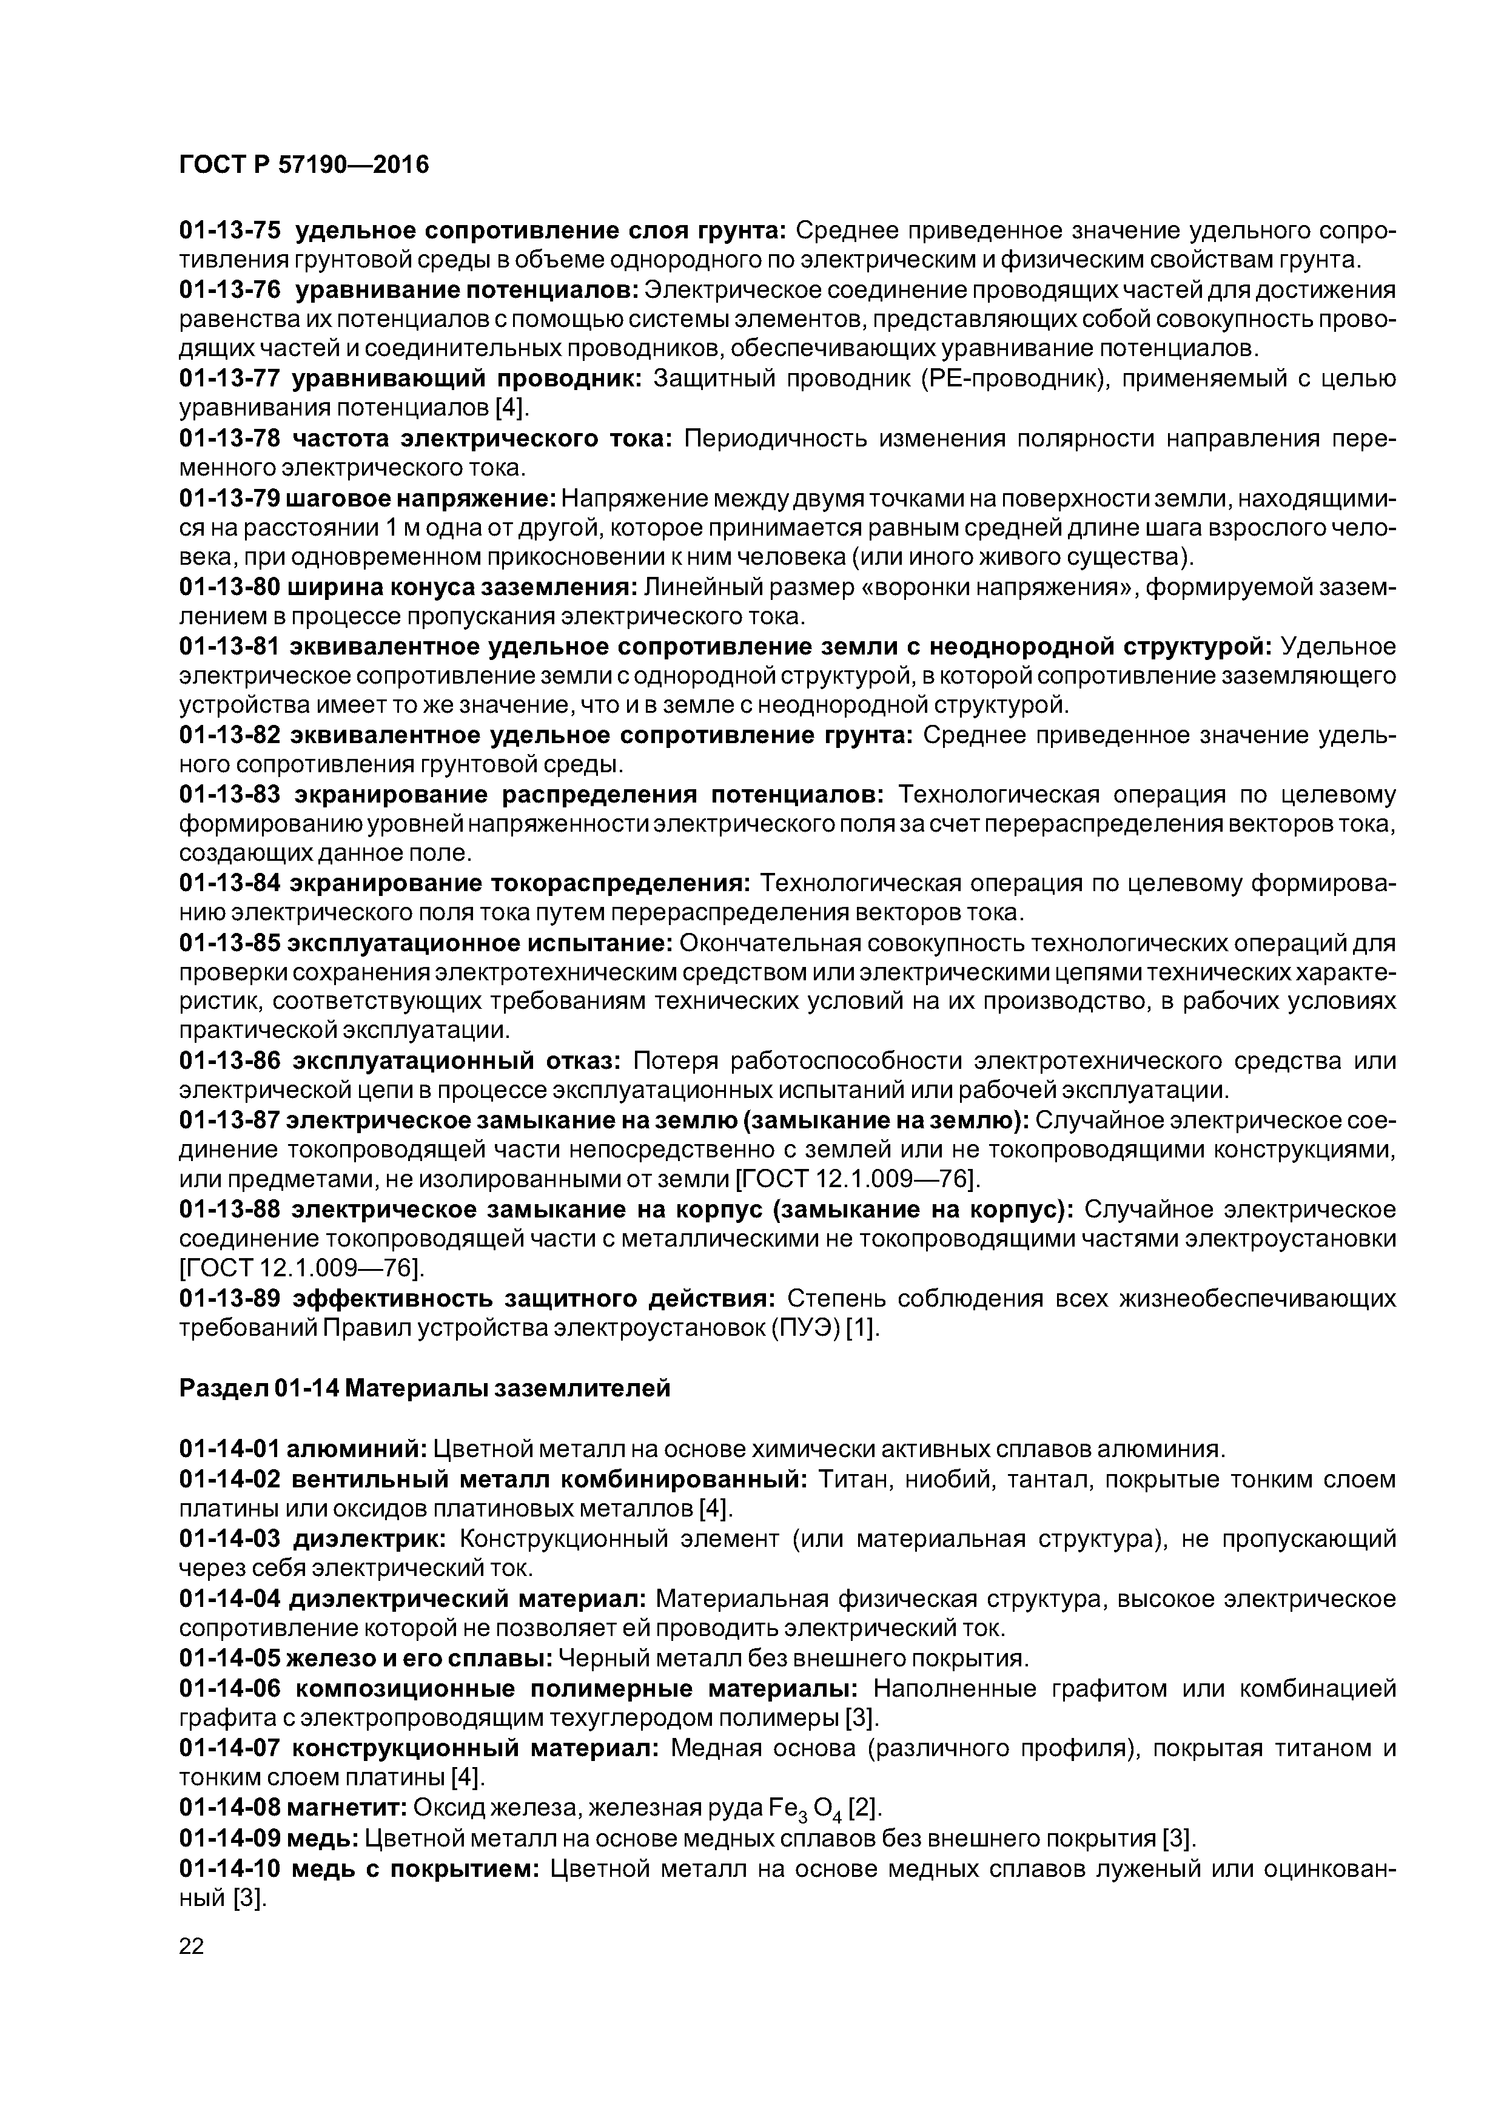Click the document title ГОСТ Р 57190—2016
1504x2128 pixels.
click(x=304, y=165)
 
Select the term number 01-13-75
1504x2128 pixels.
click(x=230, y=230)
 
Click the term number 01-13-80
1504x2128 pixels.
click(x=230, y=588)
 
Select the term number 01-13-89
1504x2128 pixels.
click(x=230, y=1299)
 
